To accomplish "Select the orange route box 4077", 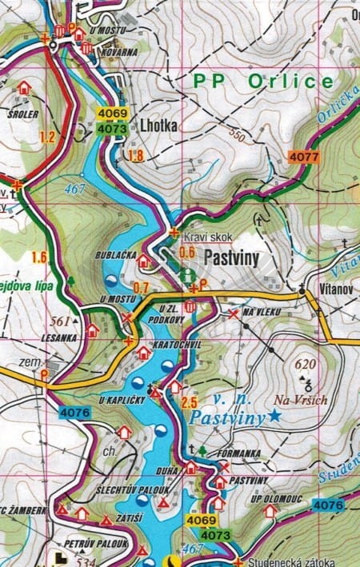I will pos(304,157).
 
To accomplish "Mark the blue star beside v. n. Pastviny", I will pos(275,415).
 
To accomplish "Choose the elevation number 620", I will pos(305,364).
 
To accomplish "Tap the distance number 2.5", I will pos(190,401).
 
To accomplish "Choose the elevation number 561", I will pos(59,321).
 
